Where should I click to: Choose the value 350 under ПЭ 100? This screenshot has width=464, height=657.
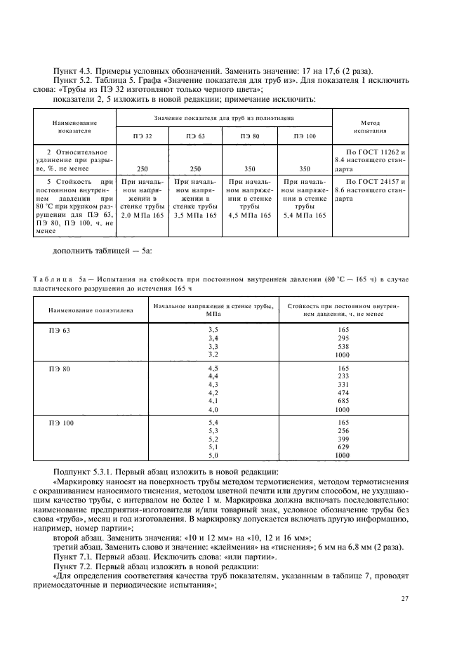pos(304,169)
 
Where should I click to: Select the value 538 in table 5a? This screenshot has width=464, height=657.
pos(343,346)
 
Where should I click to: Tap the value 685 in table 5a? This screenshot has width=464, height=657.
pos(343,401)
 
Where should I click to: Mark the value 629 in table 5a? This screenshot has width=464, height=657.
pos(343,446)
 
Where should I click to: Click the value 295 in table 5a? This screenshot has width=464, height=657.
pos(343,338)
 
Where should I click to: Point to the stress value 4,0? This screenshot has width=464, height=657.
pos(214,409)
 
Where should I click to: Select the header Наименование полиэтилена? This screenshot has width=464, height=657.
pos(86,310)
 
